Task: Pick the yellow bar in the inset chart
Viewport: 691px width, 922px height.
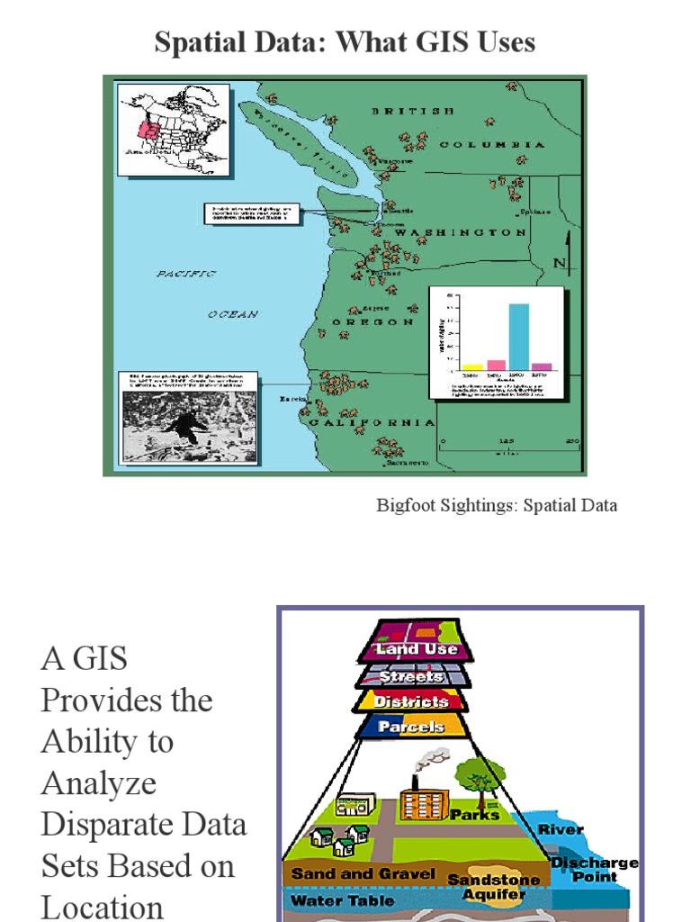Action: [x=472, y=366]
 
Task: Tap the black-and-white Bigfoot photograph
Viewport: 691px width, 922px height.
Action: [x=189, y=425]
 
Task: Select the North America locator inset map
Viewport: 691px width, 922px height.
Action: [x=174, y=131]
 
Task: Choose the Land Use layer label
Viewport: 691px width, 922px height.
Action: [x=417, y=648]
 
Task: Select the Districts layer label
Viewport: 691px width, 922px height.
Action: [x=411, y=701]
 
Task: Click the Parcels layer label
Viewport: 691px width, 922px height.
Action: [x=410, y=726]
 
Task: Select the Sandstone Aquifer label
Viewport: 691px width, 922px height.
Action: [x=494, y=886]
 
